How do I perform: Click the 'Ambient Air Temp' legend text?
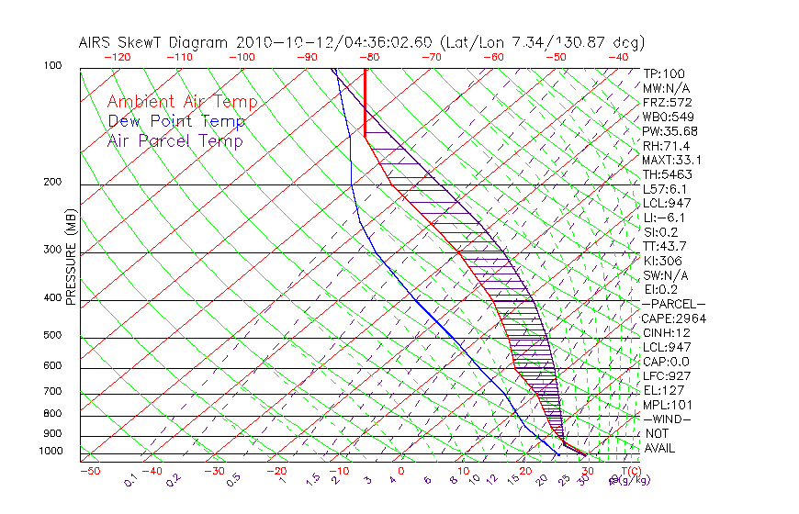(182, 102)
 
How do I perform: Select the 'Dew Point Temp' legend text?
(175, 121)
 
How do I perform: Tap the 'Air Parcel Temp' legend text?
(174, 140)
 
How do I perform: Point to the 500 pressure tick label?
(53, 336)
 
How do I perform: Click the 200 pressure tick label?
(53, 183)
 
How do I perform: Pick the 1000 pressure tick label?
(51, 452)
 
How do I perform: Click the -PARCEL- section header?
(674, 304)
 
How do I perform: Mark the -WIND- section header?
(667, 419)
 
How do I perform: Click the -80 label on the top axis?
(369, 57)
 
